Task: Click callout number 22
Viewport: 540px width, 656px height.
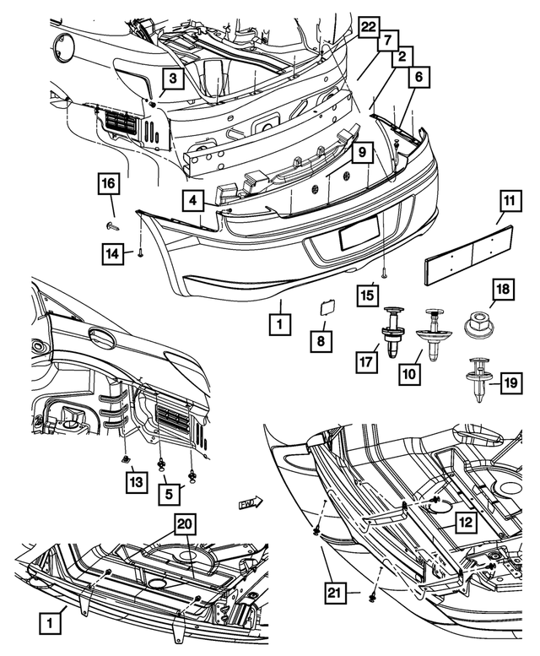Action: click(367, 27)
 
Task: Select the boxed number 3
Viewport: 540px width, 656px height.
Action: click(171, 79)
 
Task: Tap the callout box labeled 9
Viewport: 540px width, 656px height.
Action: click(359, 153)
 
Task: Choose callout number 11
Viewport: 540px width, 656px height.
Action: click(508, 202)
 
